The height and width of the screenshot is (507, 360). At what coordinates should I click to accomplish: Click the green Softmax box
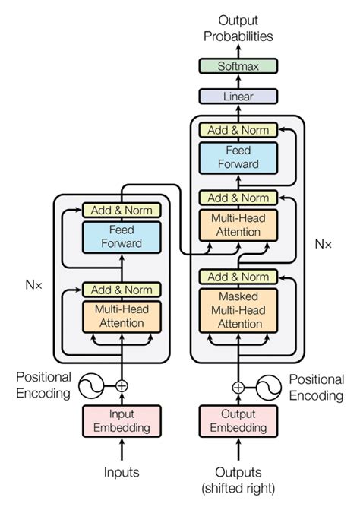pos(238,67)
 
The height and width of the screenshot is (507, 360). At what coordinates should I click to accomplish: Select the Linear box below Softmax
pos(238,97)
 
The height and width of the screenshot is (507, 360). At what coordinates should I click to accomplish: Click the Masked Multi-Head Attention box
pos(238,309)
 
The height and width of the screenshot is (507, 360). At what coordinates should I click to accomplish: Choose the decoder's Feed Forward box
pos(238,157)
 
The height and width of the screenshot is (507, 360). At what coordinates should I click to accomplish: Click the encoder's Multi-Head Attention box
pos(122,316)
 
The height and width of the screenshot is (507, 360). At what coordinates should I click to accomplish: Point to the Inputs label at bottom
pos(122,472)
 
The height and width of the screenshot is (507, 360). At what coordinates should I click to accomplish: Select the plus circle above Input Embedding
pos(122,386)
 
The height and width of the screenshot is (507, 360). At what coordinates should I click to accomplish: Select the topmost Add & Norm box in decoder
pos(238,130)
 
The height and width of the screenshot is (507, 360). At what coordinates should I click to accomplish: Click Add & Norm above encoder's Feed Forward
pos(122,210)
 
